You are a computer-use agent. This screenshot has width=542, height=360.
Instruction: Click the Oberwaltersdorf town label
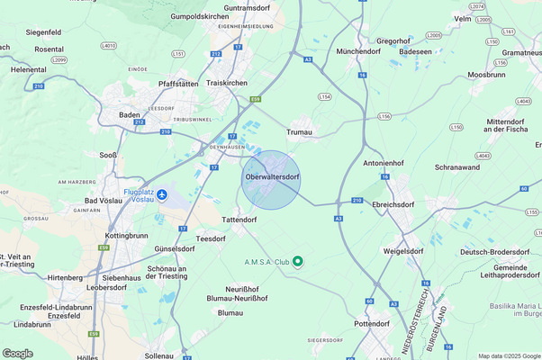[x=271, y=177]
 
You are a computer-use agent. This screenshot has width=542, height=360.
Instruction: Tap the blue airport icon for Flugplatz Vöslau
[x=162, y=195]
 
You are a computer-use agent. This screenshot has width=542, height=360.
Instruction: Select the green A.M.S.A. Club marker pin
[x=298, y=261]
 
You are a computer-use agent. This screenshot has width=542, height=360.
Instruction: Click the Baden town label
[x=131, y=114]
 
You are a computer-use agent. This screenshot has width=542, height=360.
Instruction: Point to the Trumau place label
[x=299, y=132]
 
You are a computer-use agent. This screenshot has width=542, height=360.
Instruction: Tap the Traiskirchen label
[x=227, y=83]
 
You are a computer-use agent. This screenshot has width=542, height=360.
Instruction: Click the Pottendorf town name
[x=372, y=323]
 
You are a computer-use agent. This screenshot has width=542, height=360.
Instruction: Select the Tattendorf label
[x=240, y=219]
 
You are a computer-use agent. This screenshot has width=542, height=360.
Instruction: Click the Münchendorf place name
[x=357, y=52]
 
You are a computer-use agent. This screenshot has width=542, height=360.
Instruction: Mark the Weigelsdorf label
[x=402, y=251]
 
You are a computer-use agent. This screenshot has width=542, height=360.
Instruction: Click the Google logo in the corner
[x=18, y=353]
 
